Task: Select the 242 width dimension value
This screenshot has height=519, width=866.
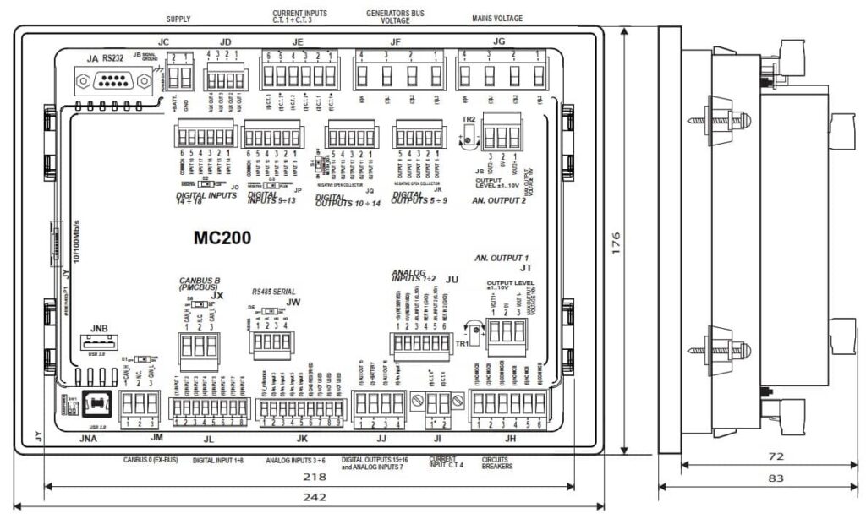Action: point(315,497)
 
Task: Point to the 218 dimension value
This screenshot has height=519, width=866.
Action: point(315,477)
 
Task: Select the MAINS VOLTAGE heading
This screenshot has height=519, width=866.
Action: point(496,18)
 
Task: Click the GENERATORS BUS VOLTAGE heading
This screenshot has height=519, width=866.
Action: point(394,18)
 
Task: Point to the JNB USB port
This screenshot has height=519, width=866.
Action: point(98,346)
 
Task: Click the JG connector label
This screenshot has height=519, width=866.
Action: point(499,40)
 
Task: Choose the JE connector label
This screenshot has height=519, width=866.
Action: point(298,40)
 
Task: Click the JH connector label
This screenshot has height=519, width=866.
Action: point(510,439)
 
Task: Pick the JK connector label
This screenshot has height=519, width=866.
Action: point(301,439)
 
